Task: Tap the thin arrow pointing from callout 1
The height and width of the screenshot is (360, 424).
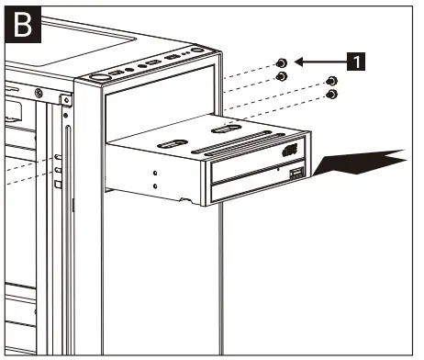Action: coord(319,62)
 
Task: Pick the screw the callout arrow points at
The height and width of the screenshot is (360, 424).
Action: coord(282,62)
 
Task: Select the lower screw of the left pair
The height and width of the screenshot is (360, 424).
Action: coord(282,77)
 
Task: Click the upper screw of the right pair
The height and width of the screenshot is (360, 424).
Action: coord(332,82)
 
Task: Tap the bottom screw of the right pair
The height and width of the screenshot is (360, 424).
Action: coord(332,95)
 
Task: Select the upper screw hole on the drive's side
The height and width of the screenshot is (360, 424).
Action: coord(157,173)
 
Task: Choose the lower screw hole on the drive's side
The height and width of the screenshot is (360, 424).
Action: coord(157,186)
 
